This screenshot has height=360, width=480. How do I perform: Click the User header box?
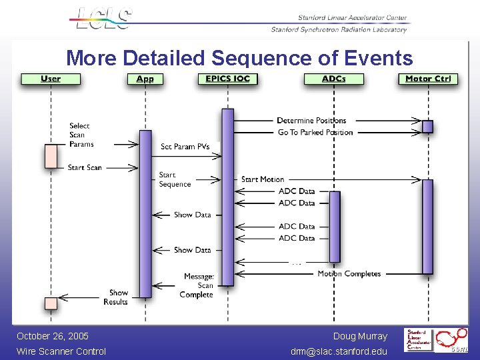[x=51, y=79]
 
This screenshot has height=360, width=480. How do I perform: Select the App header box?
[x=145, y=79]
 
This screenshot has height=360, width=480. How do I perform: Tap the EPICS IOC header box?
[x=227, y=79]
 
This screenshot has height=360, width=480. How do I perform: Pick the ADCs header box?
[x=334, y=79]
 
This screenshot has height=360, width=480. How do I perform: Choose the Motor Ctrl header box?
[x=428, y=79]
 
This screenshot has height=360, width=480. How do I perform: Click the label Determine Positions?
[x=311, y=121]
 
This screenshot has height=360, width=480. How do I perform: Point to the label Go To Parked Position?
[x=315, y=132]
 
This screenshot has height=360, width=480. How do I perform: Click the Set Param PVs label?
[x=185, y=147]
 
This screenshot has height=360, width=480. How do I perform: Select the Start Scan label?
[x=85, y=168]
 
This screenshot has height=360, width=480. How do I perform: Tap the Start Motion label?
[x=263, y=179]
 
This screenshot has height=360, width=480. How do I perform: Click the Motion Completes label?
[x=349, y=274]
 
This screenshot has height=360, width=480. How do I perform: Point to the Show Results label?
[x=116, y=297]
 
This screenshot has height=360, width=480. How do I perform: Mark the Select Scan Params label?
[x=81, y=135]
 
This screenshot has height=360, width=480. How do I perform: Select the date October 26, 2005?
[x=53, y=336]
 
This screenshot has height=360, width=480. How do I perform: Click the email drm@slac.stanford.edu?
[x=339, y=351]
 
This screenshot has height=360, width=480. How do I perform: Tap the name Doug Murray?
[x=360, y=336]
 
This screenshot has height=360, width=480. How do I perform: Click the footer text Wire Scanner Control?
[x=61, y=351]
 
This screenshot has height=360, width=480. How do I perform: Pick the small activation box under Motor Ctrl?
[x=428, y=126]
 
